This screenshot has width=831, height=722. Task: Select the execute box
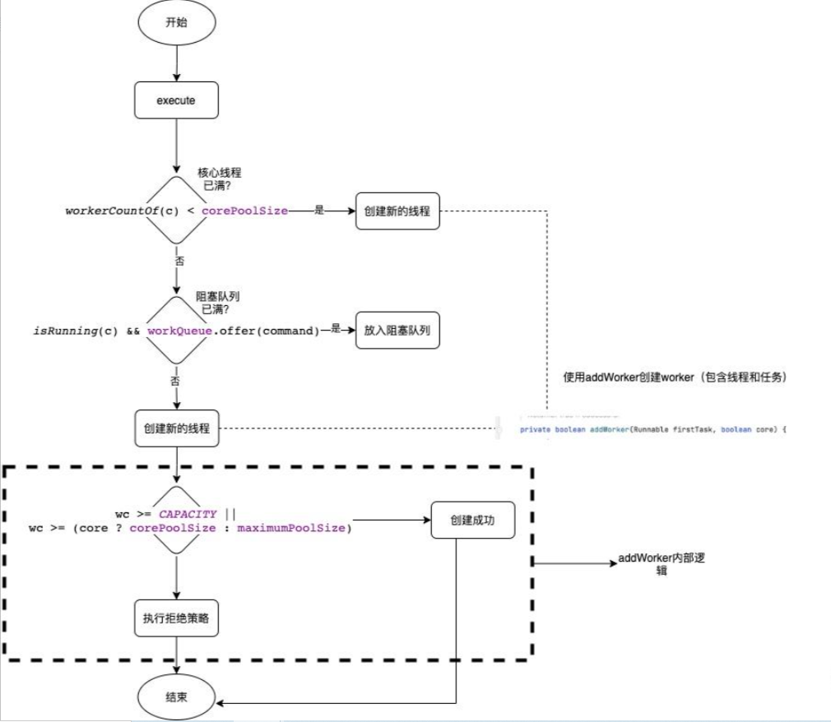tap(176, 101)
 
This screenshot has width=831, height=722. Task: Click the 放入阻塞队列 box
tap(397, 331)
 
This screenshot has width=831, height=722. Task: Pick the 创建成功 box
tap(472, 520)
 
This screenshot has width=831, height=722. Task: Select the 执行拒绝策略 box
tap(176, 619)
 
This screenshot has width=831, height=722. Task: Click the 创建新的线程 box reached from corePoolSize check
tap(397, 211)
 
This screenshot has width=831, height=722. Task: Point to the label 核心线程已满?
tap(220, 179)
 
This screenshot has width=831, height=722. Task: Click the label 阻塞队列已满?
tap(217, 303)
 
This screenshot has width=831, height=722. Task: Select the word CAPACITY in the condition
tap(188, 514)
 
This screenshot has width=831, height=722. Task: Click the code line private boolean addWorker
tap(652, 429)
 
